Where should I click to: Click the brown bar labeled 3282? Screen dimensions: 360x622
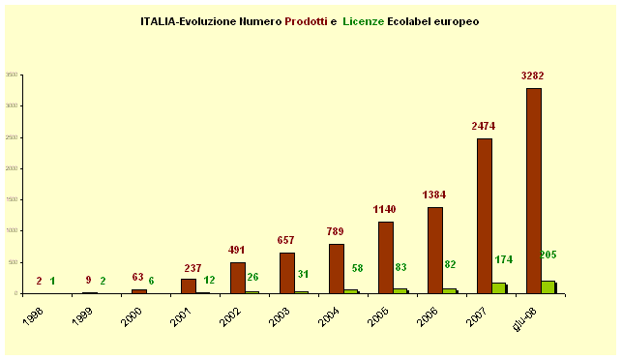coord(533,191)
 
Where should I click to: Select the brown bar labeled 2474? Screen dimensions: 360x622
coord(484,216)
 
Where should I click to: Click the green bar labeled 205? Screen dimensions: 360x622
coord(548,286)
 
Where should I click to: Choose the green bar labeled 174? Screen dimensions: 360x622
coord(499,287)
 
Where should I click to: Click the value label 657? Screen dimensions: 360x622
coord(287,240)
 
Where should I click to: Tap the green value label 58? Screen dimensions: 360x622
coord(358,267)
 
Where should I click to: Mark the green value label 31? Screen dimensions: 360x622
coord(304,274)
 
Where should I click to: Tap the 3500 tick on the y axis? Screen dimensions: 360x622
coord(12,75)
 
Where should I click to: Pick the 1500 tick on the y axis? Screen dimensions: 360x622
coord(12,199)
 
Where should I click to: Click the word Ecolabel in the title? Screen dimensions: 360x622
coord(413,19)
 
